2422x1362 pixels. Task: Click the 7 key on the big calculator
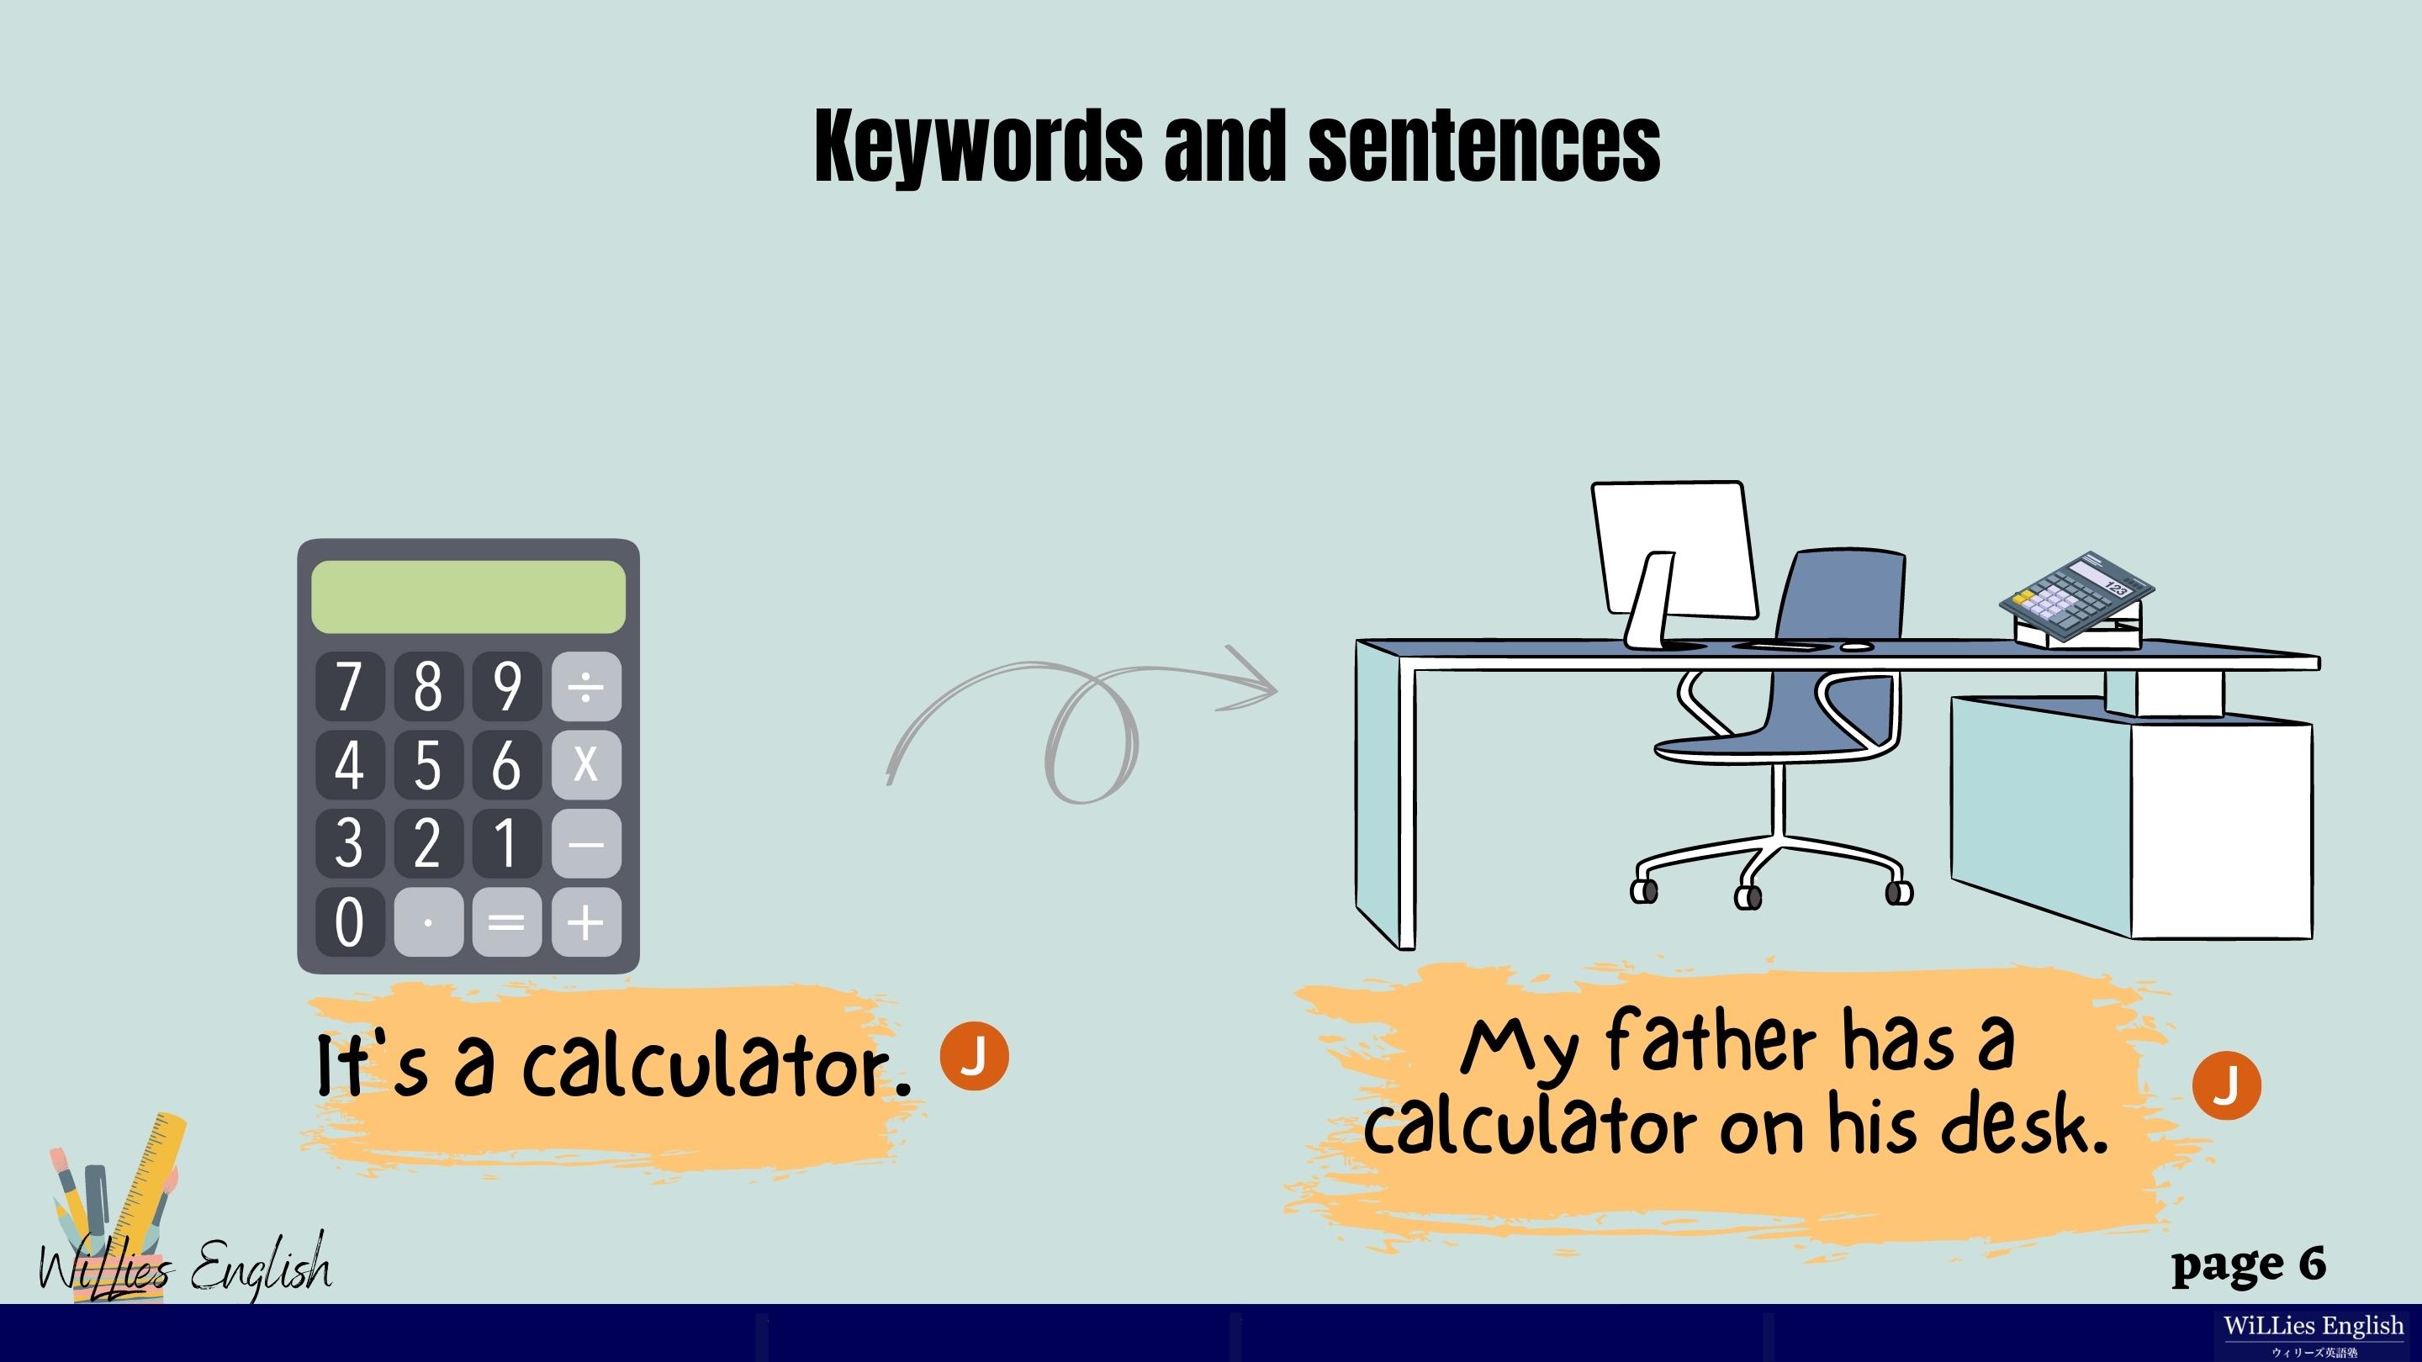coord(349,685)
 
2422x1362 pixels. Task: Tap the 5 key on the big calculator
coord(428,763)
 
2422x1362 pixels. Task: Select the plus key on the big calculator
coord(586,921)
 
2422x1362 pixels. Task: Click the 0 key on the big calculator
coord(349,921)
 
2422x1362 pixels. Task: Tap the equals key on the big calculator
coord(507,921)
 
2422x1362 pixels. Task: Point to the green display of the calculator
coord(468,597)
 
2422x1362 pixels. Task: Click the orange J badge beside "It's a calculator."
coord(974,1056)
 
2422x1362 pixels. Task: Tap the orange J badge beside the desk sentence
coord(2226,1085)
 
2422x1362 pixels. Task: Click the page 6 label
coord(2249,1264)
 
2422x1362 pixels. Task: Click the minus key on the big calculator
coord(586,842)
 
